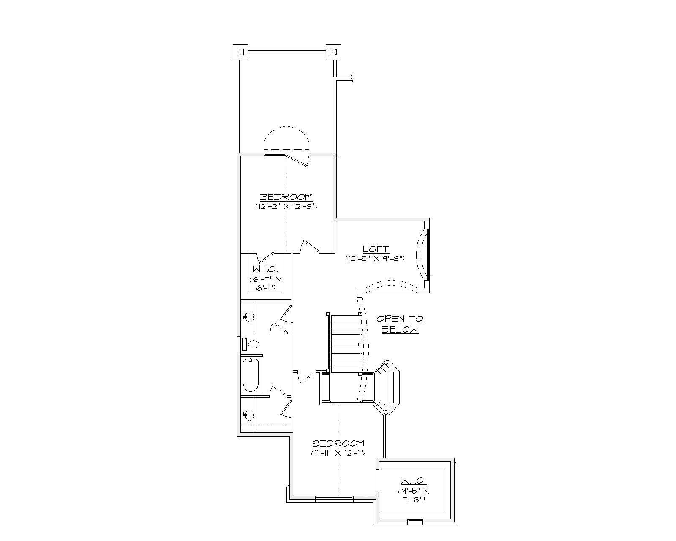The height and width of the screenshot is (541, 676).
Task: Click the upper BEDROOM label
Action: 286,197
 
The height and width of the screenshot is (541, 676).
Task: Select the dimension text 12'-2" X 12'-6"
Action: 286,207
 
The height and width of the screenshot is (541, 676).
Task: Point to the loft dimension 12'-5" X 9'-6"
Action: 375,258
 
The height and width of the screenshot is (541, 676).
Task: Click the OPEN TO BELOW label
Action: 400,324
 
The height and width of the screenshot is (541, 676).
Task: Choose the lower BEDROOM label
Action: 338,443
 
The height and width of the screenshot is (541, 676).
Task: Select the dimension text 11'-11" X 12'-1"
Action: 338,453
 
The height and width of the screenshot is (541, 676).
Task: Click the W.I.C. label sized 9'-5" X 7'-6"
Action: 413,481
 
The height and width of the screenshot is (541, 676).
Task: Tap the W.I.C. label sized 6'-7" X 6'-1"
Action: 265,270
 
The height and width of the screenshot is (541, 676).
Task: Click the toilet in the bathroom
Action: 253,344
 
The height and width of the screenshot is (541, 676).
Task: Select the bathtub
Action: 251,375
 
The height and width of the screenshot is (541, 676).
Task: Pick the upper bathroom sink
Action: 249,316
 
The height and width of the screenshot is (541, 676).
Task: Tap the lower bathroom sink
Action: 249,415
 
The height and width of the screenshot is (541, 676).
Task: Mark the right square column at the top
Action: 333,52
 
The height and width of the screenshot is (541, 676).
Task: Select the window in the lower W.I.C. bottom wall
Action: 414,521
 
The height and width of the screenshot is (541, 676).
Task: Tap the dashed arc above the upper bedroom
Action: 287,137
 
